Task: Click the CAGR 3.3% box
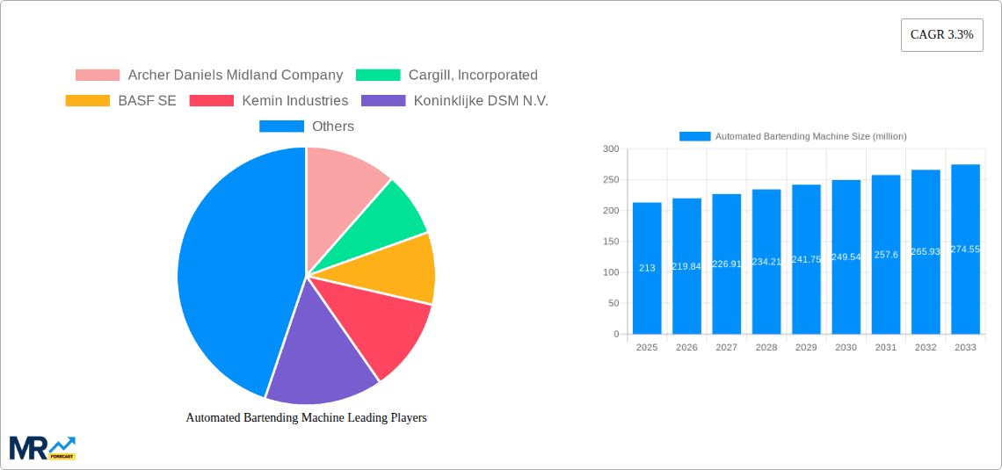(941, 35)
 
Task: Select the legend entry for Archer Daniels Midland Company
(209, 76)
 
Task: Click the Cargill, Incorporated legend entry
(447, 76)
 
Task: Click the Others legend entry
(307, 127)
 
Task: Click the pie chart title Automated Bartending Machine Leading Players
(306, 418)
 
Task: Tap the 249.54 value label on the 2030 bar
(846, 257)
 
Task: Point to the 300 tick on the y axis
(610, 149)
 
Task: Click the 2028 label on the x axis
(766, 348)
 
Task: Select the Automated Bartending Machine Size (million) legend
(793, 136)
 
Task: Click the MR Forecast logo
(42, 447)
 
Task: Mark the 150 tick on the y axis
(610, 242)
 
